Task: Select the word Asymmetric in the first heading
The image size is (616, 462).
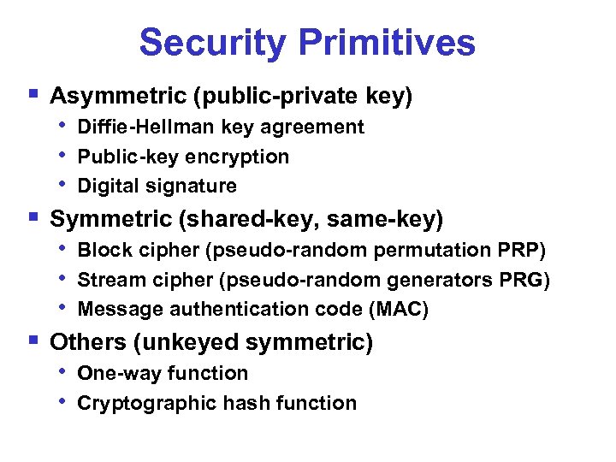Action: (x=119, y=97)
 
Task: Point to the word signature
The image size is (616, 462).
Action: (x=192, y=186)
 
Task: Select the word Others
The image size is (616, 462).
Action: (x=88, y=343)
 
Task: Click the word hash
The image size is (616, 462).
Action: (x=241, y=403)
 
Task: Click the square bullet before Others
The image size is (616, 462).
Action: (x=33, y=341)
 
